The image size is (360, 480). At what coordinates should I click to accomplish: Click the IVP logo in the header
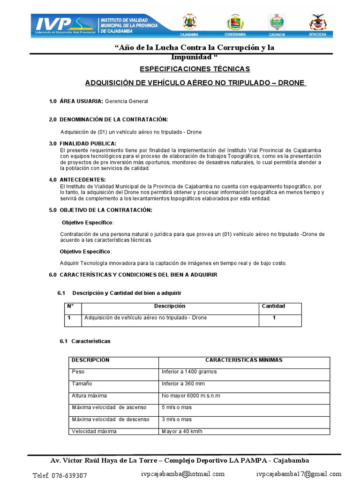[x=52, y=24]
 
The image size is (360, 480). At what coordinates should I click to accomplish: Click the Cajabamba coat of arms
[x=189, y=22]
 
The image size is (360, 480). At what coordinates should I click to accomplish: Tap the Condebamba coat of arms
[x=235, y=22]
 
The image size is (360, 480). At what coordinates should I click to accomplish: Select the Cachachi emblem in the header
[x=276, y=22]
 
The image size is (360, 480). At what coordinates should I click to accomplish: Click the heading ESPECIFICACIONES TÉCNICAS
[x=195, y=69]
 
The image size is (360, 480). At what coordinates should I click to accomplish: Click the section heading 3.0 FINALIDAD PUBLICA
[x=82, y=143]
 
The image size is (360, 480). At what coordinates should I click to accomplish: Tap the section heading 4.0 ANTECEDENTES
[x=78, y=180]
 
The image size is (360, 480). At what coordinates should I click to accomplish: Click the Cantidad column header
[x=273, y=306]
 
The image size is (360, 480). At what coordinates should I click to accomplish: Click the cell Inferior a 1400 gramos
[x=189, y=372]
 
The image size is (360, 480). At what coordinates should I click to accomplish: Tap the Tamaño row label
[x=82, y=383]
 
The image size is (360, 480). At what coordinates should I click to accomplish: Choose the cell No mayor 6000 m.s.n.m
[x=191, y=396]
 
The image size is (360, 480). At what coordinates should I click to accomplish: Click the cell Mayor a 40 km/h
[x=183, y=431]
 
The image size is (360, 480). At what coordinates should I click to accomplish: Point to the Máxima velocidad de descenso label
[x=110, y=419]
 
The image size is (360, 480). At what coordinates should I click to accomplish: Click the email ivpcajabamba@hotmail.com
[x=183, y=473]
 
